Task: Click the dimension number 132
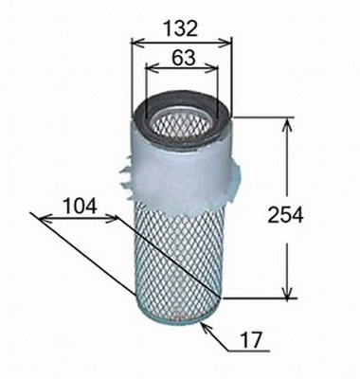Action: [x=181, y=28]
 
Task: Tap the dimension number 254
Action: [x=285, y=216]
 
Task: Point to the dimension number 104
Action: [x=80, y=206]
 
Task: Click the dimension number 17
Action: [x=251, y=339]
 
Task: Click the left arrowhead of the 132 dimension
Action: [x=137, y=44]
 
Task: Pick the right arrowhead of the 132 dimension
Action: [x=225, y=44]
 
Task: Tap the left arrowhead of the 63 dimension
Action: [x=152, y=67]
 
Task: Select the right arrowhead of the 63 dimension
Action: [x=212, y=67]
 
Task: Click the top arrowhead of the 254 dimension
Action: [x=287, y=124]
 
